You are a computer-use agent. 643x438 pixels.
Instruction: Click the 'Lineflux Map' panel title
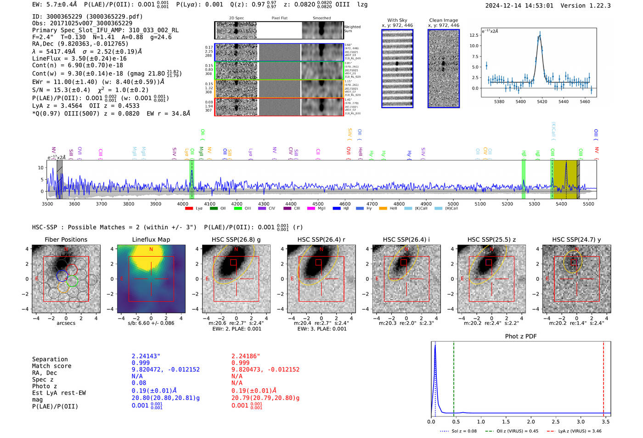click(x=151, y=239)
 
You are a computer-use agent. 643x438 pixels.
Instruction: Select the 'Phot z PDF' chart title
click(x=521, y=336)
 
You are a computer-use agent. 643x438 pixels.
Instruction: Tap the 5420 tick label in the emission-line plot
click(x=542, y=102)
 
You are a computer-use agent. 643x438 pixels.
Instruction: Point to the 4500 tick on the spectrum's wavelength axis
click(x=318, y=204)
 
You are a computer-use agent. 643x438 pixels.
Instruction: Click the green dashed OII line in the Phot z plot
click(x=453, y=377)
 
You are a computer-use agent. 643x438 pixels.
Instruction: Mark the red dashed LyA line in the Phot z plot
click(x=604, y=377)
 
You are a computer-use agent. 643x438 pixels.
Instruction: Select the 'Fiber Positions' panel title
click(x=66, y=239)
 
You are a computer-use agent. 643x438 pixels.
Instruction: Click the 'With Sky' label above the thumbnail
click(x=397, y=20)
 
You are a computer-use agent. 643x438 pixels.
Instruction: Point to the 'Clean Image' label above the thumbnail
click(x=443, y=20)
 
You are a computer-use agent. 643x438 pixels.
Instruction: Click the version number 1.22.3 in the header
click(x=596, y=6)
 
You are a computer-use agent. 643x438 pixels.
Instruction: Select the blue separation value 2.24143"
click(x=146, y=356)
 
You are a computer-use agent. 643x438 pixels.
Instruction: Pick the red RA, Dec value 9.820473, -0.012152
click(x=265, y=370)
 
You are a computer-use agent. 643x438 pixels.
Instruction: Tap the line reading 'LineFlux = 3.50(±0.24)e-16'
click(x=79, y=59)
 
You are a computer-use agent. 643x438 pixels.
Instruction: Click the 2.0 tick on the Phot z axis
click(x=531, y=421)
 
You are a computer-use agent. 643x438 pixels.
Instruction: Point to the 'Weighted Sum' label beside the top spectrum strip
click(x=352, y=29)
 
